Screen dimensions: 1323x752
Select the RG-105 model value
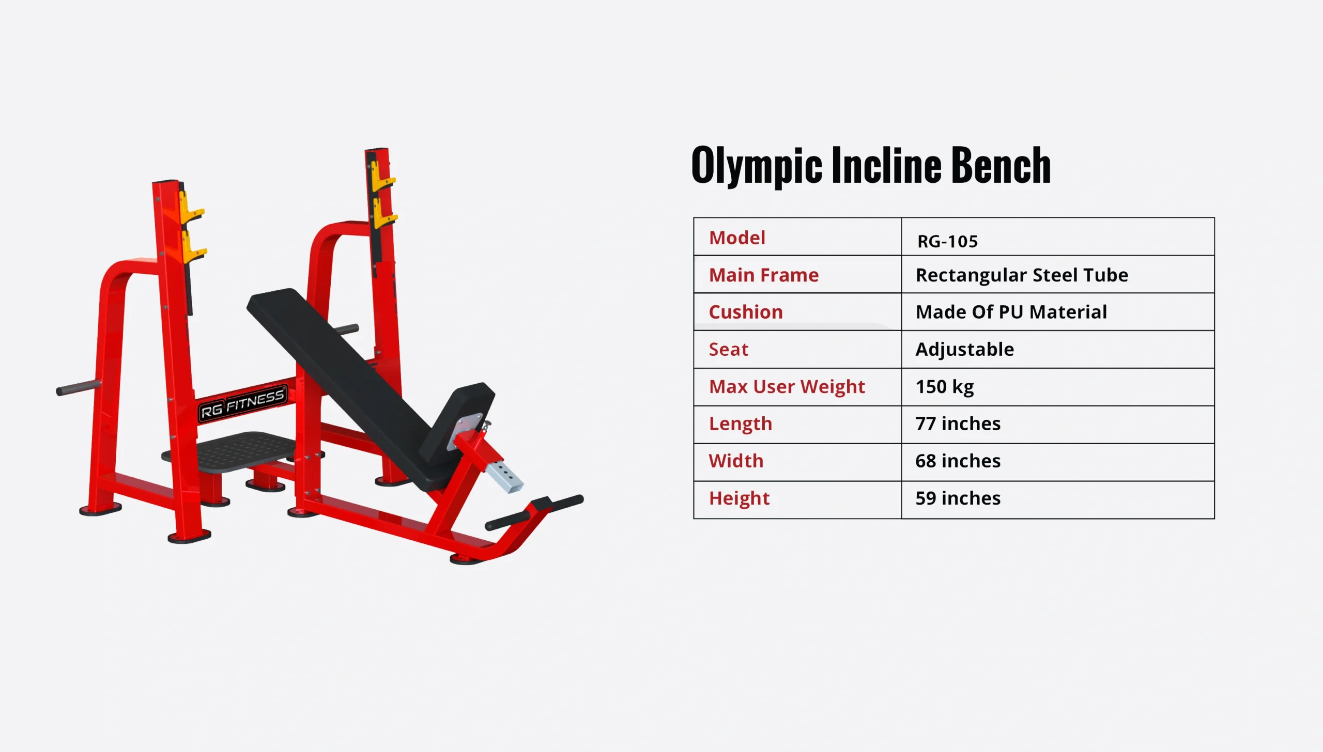click(947, 241)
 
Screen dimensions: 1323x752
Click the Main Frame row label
click(763, 275)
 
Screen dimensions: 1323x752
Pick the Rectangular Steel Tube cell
click(1022, 275)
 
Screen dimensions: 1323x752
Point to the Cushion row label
click(746, 312)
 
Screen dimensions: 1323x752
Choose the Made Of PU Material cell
click(1011, 312)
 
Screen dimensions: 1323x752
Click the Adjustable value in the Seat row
click(964, 350)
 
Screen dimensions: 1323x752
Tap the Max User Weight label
click(787, 387)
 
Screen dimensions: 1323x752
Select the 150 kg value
click(944, 387)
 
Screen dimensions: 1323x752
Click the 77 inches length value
click(958, 424)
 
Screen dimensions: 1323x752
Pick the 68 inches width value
click(958, 461)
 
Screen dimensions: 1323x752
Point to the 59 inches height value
click(958, 498)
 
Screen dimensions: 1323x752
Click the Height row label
click(739, 498)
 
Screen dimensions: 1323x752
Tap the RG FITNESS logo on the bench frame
click(242, 404)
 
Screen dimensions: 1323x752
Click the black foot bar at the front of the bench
click(535, 512)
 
